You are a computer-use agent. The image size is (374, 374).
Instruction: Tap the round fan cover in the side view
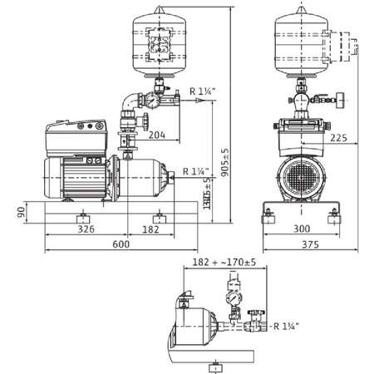pyautogui.click(x=298, y=175)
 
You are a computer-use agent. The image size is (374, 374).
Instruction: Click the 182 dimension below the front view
pyautogui.click(x=151, y=226)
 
